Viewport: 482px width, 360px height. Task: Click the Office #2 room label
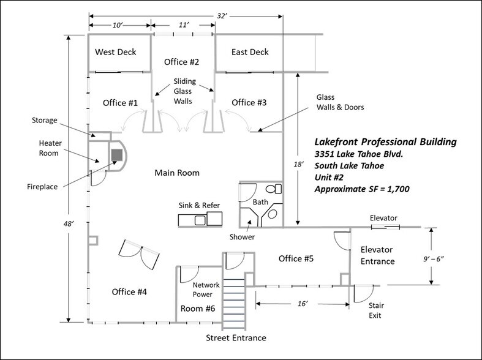(181, 62)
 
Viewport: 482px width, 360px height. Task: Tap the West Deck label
(115, 52)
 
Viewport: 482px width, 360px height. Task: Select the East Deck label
(250, 52)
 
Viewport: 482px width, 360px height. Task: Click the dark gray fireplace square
(117, 155)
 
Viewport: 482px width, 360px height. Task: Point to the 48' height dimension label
(68, 224)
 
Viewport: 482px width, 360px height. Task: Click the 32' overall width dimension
(222, 16)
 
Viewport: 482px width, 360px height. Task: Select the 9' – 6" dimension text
(434, 259)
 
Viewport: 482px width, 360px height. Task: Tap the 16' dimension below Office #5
(303, 304)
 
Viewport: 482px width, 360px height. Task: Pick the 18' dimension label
(298, 164)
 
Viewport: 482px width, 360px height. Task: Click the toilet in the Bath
(274, 189)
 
